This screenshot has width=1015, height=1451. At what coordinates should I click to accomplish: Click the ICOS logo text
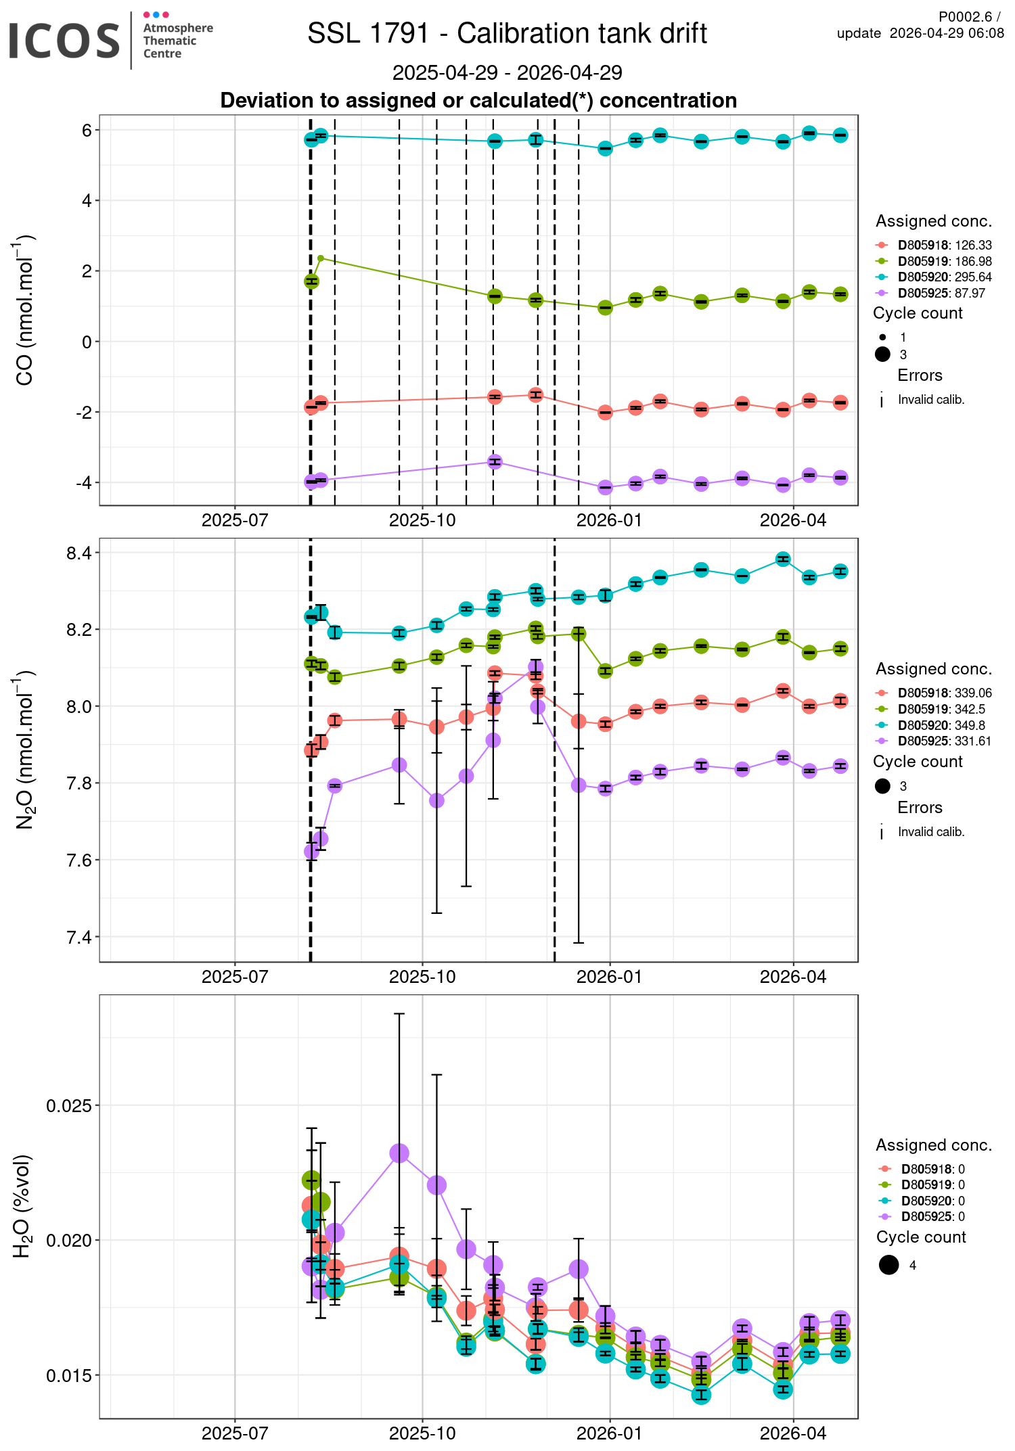click(x=64, y=41)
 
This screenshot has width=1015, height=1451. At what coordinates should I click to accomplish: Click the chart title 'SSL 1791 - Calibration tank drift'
click(x=507, y=34)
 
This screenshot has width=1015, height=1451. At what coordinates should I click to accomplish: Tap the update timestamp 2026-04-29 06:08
click(x=946, y=34)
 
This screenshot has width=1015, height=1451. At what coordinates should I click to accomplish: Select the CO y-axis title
click(x=24, y=310)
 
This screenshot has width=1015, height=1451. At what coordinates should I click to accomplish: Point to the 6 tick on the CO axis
click(x=87, y=130)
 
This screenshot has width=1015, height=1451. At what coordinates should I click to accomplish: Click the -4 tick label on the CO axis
click(x=84, y=483)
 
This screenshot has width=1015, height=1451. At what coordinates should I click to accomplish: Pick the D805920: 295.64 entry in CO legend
click(x=944, y=277)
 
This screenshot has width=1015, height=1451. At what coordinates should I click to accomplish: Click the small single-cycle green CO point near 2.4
click(x=321, y=258)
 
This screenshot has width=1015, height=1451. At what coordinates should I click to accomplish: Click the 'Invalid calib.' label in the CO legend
click(x=930, y=400)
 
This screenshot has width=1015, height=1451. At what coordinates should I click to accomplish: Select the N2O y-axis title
click(x=24, y=750)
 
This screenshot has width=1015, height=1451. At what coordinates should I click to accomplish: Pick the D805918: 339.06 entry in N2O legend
click(x=944, y=693)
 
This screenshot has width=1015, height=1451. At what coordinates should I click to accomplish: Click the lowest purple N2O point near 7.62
click(x=311, y=852)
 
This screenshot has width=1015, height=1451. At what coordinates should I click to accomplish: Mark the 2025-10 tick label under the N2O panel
click(x=422, y=976)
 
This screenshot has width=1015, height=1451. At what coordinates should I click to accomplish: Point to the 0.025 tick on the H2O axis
click(x=69, y=1106)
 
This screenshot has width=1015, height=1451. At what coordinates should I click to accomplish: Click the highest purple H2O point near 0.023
click(x=399, y=1153)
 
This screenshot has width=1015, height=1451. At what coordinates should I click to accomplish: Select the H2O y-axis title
click(x=23, y=1205)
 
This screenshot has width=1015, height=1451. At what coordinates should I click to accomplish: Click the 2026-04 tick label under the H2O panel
click(x=793, y=1433)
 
